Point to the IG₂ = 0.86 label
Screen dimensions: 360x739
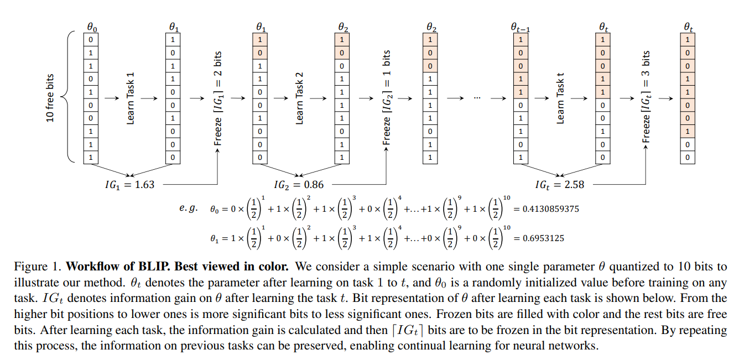[x=299, y=185]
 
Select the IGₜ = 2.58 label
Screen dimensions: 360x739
[x=560, y=185]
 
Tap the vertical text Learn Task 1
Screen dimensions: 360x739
[x=131, y=98]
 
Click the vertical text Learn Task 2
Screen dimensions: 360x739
[x=299, y=98]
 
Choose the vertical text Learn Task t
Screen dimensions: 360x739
[x=560, y=98]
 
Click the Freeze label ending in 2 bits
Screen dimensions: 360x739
[x=218, y=98]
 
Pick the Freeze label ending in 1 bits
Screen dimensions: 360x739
[x=386, y=98]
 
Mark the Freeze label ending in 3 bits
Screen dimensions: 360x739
[x=646, y=98]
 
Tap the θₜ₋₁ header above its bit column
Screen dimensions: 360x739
[x=520, y=27]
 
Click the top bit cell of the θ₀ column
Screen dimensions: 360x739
[x=90, y=40]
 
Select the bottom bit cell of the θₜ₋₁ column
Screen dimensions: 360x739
[x=520, y=158]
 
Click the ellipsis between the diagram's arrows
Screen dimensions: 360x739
[x=478, y=98]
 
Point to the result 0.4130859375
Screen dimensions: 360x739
[x=547, y=210]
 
